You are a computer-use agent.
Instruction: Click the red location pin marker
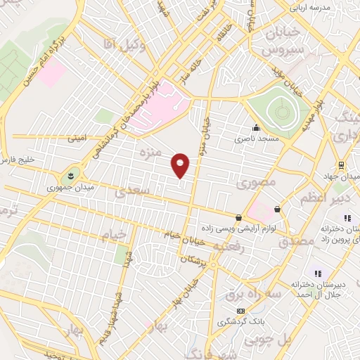pos(181,165)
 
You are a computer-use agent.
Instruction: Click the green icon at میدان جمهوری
pos(71,173)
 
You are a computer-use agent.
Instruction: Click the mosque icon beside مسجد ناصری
pos(256,129)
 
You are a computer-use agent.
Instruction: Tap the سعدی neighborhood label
pos(133,191)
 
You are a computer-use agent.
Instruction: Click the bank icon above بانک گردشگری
pos(241,311)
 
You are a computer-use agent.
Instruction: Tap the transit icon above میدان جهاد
pos(340,165)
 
